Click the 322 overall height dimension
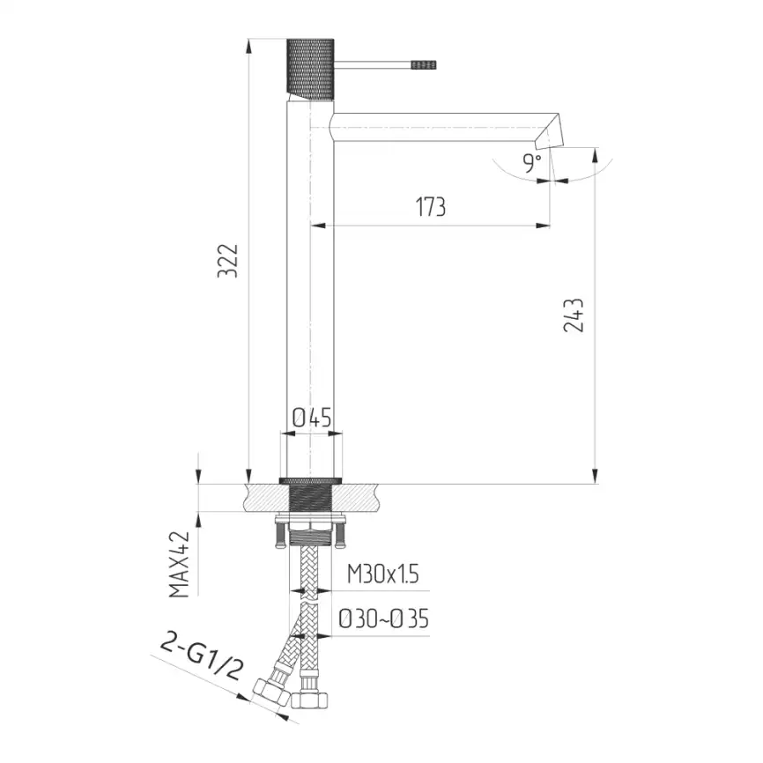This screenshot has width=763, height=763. coord(227,261)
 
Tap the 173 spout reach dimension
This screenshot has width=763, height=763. coord(431,207)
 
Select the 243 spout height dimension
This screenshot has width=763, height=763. coord(574,315)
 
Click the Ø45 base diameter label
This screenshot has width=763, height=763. coord(312,418)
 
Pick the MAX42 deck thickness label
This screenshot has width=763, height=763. coord(178,564)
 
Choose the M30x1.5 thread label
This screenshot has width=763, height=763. coord(383,574)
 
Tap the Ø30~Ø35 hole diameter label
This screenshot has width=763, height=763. coord(384,619)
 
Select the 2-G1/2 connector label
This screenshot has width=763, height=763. coord(202,657)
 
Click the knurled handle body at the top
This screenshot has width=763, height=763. coord(310,68)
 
